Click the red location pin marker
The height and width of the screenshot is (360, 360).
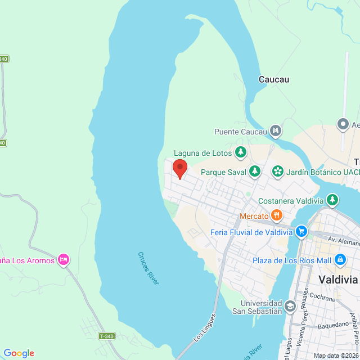pos(179,168)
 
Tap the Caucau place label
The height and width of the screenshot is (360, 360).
pos(274,79)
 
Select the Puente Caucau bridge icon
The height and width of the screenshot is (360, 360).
pos(275,132)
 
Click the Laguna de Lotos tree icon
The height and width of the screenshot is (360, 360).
pos(241,152)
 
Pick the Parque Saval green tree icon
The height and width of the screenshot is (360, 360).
pos(255,170)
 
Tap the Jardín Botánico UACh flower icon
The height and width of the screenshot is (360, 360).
pos(277,170)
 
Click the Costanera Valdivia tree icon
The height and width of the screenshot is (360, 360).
pos(332,200)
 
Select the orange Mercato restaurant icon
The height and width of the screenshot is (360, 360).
pos(276,215)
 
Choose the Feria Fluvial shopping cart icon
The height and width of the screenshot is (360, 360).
pos(301,231)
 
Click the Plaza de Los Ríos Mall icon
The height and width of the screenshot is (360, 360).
pos(340,259)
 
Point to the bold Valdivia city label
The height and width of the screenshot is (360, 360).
pos(338,280)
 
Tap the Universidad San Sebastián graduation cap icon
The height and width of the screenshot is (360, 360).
pos(290,306)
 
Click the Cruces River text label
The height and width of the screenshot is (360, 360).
pos(148,268)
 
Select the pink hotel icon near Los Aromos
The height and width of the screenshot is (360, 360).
pos(64,259)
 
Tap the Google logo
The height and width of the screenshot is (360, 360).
pos(19,353)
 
